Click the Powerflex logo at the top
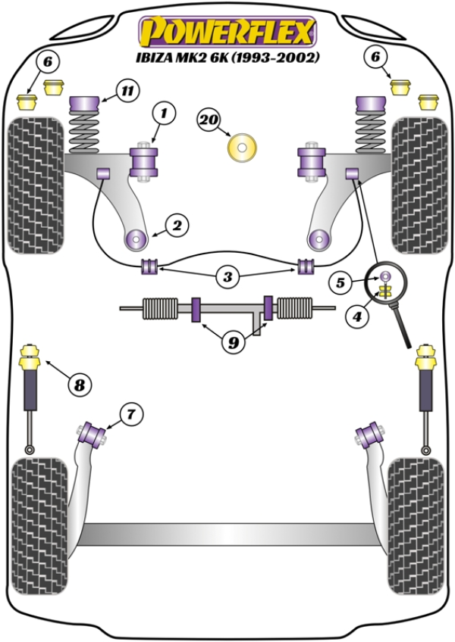tap(226, 32)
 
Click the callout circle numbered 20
tap(210, 119)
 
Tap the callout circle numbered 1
tap(164, 115)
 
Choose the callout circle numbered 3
tap(227, 278)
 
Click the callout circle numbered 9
tap(234, 342)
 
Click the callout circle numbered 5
tap(340, 283)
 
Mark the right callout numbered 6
tap(375, 55)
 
